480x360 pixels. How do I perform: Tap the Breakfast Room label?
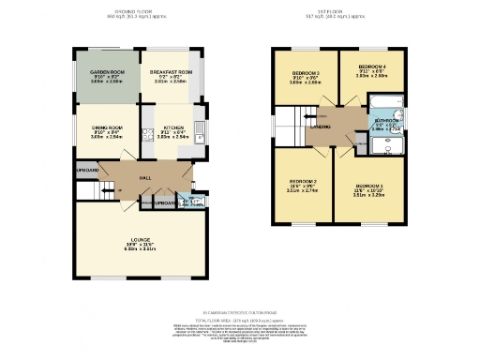pyautogui.click(x=172, y=72)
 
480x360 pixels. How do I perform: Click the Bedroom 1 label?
pyautogui.click(x=369, y=190)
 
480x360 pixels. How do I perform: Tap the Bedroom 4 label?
pyautogui.click(x=371, y=67)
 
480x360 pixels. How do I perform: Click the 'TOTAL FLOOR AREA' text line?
pyautogui.click(x=240, y=321)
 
